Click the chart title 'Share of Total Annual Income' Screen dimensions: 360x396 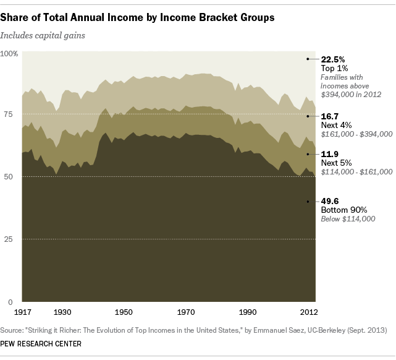click(140, 17)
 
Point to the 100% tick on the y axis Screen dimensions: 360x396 click(9, 54)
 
